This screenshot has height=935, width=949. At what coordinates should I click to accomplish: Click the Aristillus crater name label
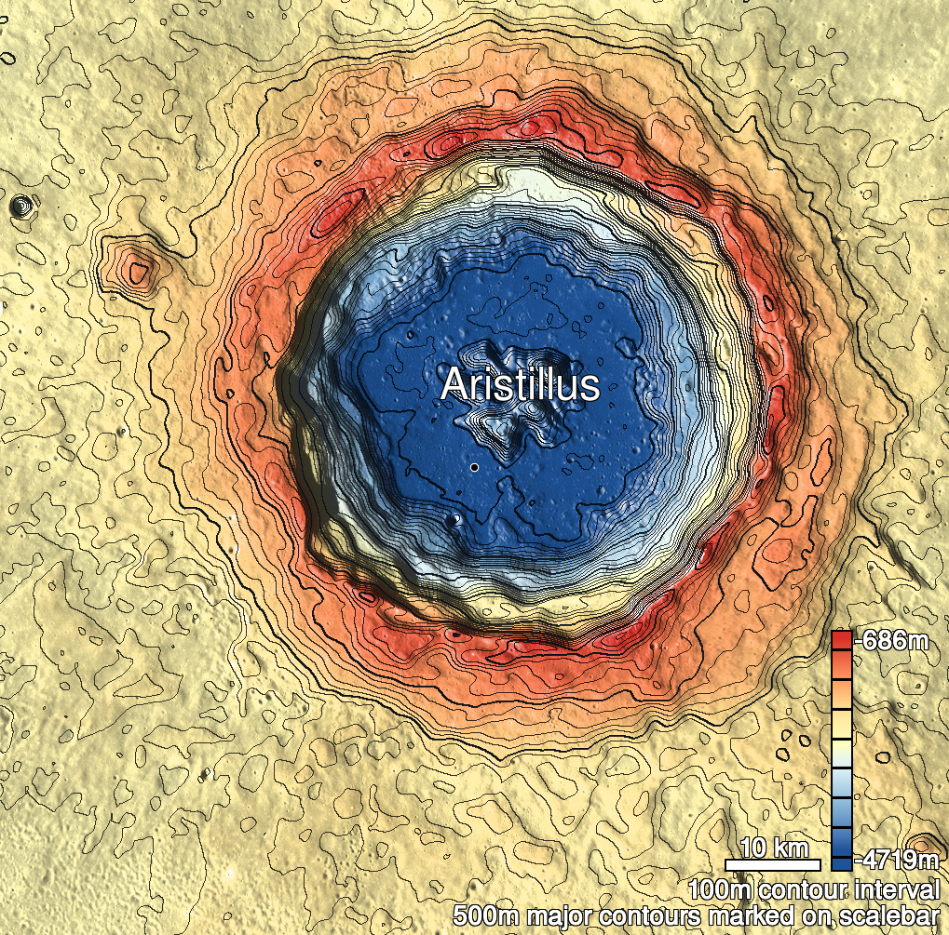[x=519, y=384]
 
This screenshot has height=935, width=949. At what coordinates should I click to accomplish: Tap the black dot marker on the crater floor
[x=474, y=467]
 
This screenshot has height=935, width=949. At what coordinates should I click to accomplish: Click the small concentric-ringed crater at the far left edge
[x=19, y=205]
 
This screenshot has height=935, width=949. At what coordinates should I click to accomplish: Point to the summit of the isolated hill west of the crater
[x=138, y=272]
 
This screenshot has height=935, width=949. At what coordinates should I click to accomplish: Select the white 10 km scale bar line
[x=772, y=864]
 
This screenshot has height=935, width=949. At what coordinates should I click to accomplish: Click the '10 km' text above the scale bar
[x=774, y=848]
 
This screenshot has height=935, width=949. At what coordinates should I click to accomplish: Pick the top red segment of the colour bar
[x=841, y=640]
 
